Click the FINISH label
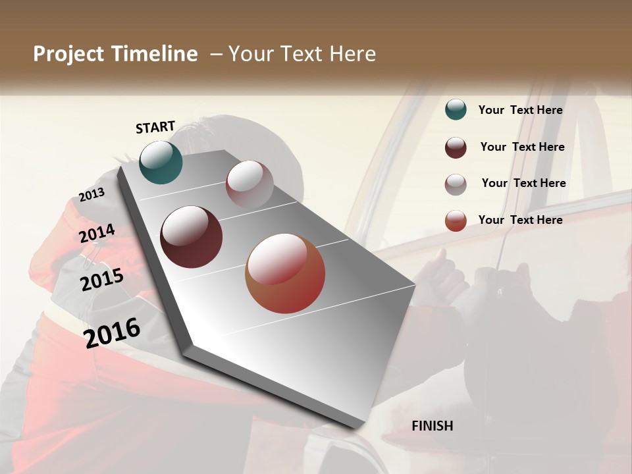[432, 426]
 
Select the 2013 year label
[92, 195]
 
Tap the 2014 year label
[97, 234]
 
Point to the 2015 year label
[102, 280]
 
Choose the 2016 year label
[112, 332]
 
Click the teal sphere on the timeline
[161, 162]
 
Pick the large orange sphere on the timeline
[285, 273]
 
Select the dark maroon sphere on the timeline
[191, 237]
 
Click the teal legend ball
[456, 110]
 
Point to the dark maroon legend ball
[456, 147]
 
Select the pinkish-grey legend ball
[456, 184]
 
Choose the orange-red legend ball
[456, 221]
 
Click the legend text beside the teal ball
[520, 110]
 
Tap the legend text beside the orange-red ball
[520, 220]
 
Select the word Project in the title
[69, 54]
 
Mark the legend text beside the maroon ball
[522, 147]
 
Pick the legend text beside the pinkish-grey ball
[523, 183]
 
